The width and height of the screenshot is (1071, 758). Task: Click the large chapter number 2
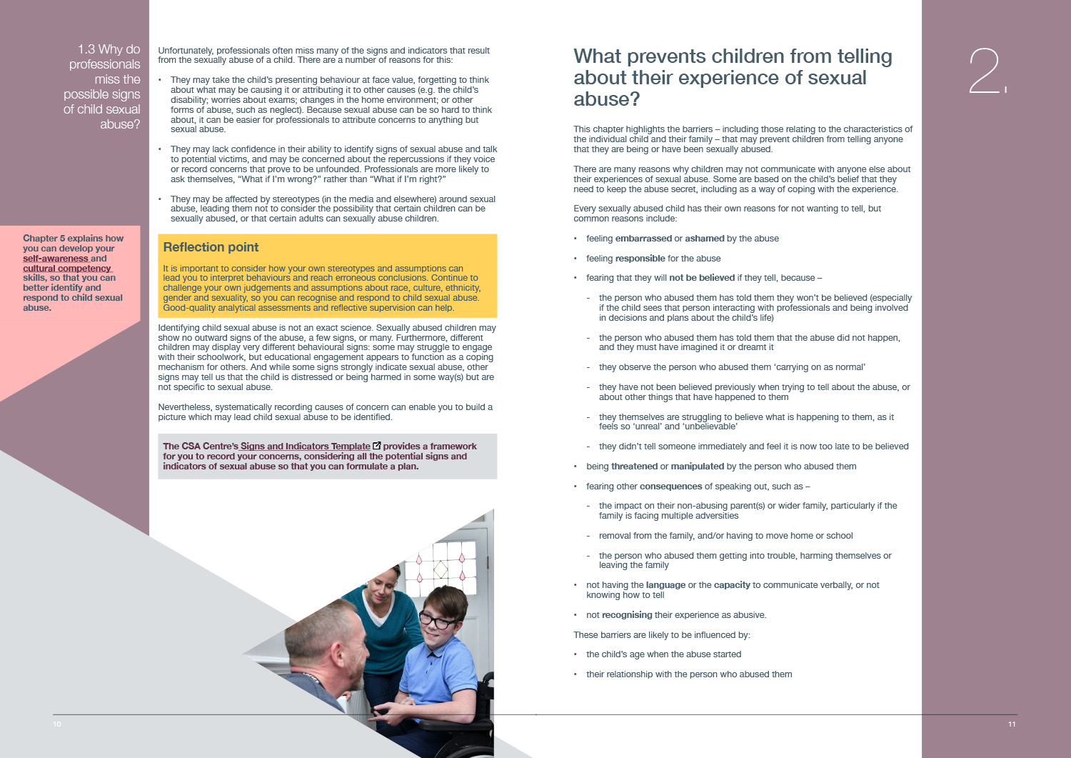[x=984, y=71]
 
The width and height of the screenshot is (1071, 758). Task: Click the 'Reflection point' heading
[x=211, y=247]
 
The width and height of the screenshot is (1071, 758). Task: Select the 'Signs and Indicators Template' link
[x=305, y=447]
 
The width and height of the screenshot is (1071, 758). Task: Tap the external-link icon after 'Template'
[x=377, y=446]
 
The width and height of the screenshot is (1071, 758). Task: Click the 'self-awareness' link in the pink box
[x=55, y=259]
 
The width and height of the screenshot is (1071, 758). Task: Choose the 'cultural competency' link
[x=67, y=269]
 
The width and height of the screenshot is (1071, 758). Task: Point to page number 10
[x=57, y=724]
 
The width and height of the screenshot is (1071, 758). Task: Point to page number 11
[x=1012, y=724]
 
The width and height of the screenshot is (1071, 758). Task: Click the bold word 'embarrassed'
[x=643, y=239]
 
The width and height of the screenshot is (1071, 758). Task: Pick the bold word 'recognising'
[x=627, y=615]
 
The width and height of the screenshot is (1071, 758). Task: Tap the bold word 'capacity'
[x=732, y=585]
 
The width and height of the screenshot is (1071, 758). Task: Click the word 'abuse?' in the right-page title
[x=607, y=99]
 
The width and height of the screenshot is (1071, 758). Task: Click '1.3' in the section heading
[x=86, y=49]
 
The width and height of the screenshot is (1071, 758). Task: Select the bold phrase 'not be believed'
[x=701, y=278]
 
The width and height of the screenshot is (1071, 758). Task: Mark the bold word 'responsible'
[x=640, y=259]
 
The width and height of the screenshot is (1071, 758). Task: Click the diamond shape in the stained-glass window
[x=441, y=569]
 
